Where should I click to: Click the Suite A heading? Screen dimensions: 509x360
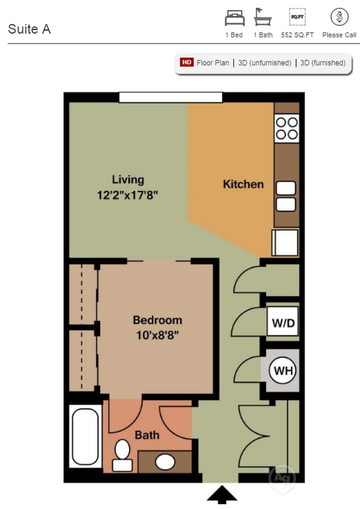coord(29,29)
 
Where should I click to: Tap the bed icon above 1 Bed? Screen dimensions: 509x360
coord(235,17)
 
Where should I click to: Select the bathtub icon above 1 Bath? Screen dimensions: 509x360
coord(263,17)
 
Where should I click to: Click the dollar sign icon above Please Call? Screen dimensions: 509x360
coord(339,17)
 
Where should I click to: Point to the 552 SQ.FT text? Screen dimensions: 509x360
coord(297,35)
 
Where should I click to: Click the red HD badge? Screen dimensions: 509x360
coord(186,63)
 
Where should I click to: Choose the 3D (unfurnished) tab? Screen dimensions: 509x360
coord(264,63)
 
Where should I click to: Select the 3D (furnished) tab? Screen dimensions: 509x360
coord(323,63)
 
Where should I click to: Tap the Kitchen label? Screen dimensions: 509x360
coord(243,184)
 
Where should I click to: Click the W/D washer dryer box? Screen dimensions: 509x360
coord(283,323)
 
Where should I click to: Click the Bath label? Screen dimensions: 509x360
coord(147,434)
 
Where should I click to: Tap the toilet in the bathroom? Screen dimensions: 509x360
coord(122,455)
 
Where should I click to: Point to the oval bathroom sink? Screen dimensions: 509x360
coord(165,461)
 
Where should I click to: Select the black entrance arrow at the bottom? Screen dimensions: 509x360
coord(222,495)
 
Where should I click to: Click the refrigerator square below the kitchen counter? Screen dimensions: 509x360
coord(285,242)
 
